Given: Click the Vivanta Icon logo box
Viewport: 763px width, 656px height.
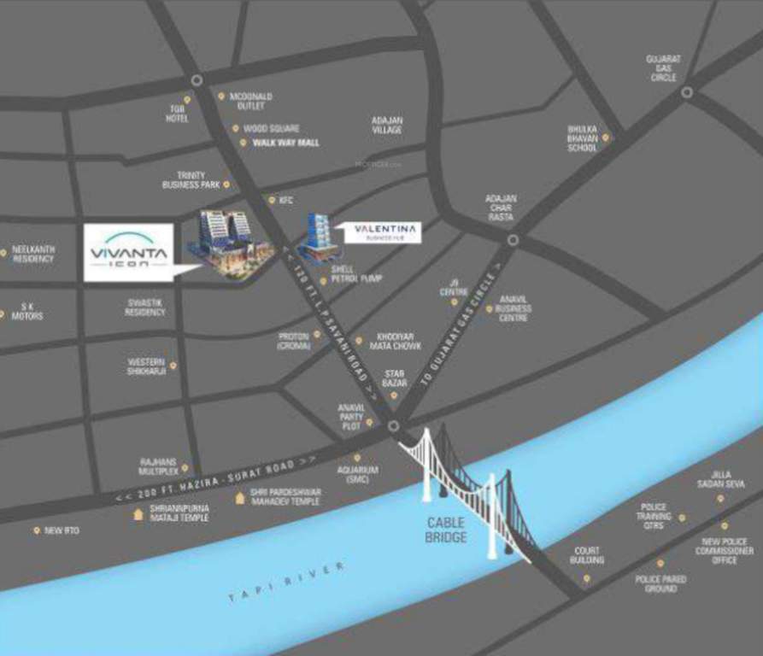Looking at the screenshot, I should coord(128,253).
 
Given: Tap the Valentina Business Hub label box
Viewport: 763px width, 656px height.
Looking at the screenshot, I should coord(384,232).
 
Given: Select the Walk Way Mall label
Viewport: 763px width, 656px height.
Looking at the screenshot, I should coord(285,143).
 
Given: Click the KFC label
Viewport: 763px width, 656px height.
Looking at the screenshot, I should coord(285,201).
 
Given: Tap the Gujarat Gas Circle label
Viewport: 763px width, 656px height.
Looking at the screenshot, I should coord(663,67).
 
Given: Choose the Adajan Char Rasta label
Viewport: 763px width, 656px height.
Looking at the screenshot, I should coord(501,208).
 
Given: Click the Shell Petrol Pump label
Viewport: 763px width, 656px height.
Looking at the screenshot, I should coord(356,273).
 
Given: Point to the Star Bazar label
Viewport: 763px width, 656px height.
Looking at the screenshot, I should coord(394,378).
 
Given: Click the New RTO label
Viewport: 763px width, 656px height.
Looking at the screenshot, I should coord(62,530).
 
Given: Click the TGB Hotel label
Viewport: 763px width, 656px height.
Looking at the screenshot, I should coord(177,113).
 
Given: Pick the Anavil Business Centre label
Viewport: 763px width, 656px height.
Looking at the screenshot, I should coord(514,308).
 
